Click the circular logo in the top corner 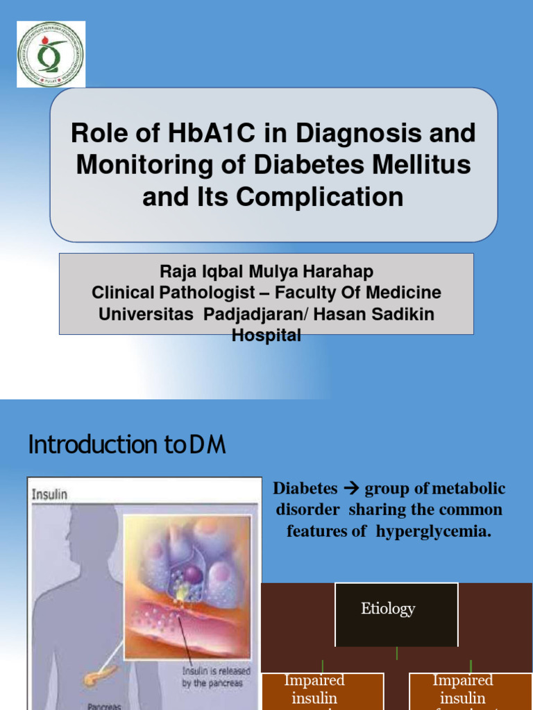click(x=51, y=54)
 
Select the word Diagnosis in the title click(x=362, y=133)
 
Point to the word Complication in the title click(x=320, y=197)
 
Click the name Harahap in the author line click(x=339, y=272)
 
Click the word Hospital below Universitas click(x=266, y=336)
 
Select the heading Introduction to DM click(x=128, y=445)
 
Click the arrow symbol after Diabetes click(x=351, y=489)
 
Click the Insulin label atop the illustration click(x=49, y=494)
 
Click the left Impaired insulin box click(x=323, y=691)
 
